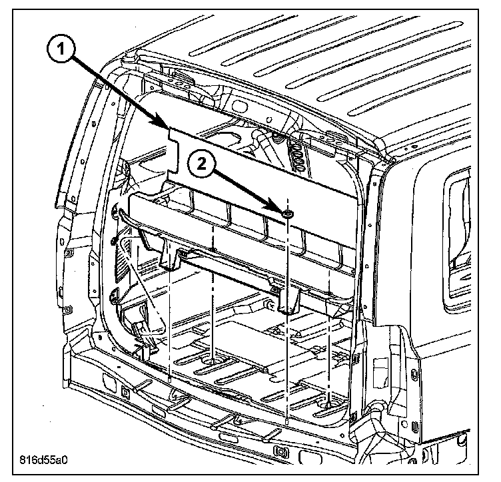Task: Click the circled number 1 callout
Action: [x=61, y=50]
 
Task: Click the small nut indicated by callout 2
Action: [x=288, y=214]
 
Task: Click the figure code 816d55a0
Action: [x=43, y=459]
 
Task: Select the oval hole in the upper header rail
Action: [x=239, y=105]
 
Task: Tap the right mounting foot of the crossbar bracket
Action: [x=288, y=298]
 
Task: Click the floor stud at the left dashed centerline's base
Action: [x=213, y=361]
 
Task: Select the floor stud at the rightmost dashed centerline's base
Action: [x=328, y=405]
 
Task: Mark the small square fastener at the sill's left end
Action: [x=125, y=391]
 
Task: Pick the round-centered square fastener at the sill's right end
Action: [x=280, y=451]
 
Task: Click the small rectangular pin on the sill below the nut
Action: [x=287, y=421]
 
